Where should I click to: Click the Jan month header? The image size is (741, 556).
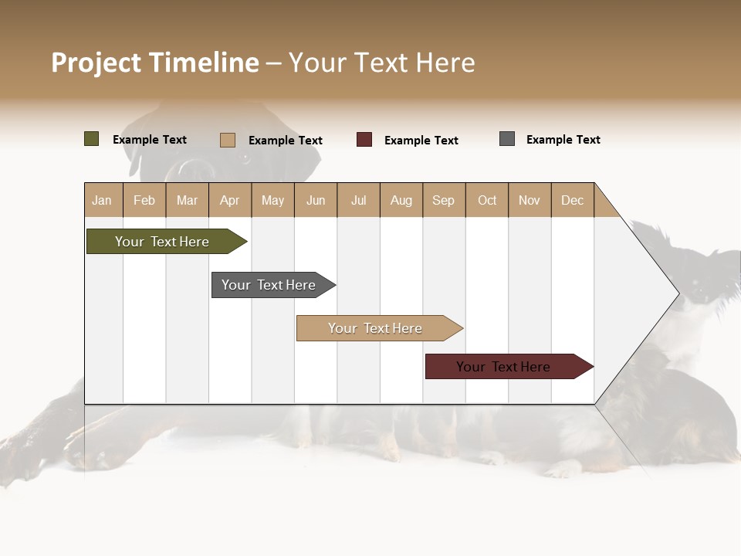(102, 200)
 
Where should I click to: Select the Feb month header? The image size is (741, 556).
(144, 200)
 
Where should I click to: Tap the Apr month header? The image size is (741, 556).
(229, 200)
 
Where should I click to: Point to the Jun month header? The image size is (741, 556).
(316, 200)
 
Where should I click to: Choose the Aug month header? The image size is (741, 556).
(401, 200)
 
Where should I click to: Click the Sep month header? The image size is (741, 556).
(443, 200)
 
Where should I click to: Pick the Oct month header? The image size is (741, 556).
(487, 200)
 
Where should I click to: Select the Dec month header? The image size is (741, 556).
(572, 200)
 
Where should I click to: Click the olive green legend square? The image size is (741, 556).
(91, 139)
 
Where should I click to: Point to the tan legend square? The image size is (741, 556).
(227, 140)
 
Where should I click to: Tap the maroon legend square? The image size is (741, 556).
(364, 140)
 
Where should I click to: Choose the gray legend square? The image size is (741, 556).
(507, 139)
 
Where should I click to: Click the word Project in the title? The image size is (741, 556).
(97, 63)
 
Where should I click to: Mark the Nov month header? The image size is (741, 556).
(529, 200)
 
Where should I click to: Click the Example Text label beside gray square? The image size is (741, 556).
(563, 140)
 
